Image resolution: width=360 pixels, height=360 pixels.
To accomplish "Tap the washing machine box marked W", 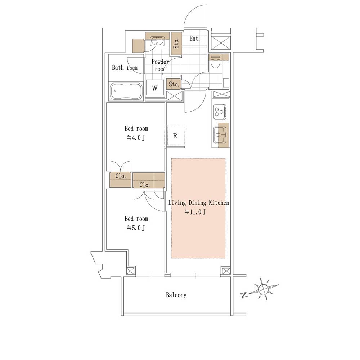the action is [x=155, y=88].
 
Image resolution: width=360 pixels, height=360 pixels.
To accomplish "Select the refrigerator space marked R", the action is [x=175, y=136].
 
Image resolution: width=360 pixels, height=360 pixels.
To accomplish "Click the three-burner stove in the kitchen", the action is [x=220, y=112].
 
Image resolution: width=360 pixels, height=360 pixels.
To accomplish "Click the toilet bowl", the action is [x=216, y=63].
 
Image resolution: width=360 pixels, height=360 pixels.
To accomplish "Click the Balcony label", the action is [x=176, y=295].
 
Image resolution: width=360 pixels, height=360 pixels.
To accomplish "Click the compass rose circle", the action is [x=264, y=289].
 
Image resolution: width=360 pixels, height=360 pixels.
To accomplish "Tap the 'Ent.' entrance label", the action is [x=194, y=39].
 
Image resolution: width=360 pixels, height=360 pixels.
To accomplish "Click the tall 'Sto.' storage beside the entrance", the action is [x=176, y=44].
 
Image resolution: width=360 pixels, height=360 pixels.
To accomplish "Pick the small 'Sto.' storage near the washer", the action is [x=174, y=84].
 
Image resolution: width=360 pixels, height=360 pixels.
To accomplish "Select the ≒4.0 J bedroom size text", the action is [x=136, y=138].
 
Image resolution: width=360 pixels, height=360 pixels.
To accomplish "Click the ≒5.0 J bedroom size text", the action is [x=136, y=228].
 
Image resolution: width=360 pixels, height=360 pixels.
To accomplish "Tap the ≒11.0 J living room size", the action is [x=195, y=212].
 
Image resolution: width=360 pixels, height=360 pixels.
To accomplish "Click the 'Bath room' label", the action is [x=125, y=68].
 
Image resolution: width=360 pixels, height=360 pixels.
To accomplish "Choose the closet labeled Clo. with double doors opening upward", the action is [x=120, y=179].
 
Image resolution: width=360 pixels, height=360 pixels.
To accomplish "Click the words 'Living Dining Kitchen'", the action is [x=199, y=203].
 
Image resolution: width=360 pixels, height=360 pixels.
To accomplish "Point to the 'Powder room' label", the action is [x=160, y=65].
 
